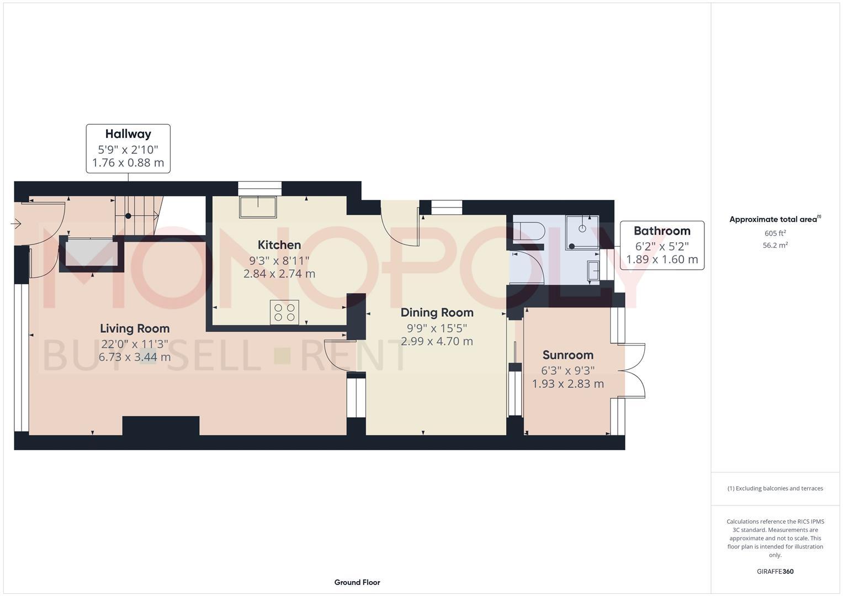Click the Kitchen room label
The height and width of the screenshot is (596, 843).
point(279,245)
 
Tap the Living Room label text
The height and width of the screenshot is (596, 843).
point(135,328)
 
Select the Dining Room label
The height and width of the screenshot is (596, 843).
point(437,312)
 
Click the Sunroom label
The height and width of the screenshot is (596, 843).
point(568,355)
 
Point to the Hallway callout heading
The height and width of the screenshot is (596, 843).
point(128,134)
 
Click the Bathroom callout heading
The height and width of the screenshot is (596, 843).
point(661,231)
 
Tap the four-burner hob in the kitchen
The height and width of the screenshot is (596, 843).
point(284,312)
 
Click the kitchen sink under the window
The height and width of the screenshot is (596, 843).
point(258,207)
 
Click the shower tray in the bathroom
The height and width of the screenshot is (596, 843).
point(582,232)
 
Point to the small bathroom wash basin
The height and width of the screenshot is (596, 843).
point(592,272)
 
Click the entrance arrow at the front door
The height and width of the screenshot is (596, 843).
point(15,223)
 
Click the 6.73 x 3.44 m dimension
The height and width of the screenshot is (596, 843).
point(135,357)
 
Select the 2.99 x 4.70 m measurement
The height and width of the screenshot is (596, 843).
point(437,341)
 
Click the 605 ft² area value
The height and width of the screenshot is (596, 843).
point(775,233)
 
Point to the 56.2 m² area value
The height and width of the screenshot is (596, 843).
point(775,246)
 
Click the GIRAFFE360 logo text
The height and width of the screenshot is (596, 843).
point(775,571)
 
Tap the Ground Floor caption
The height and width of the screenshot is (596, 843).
point(357,582)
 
